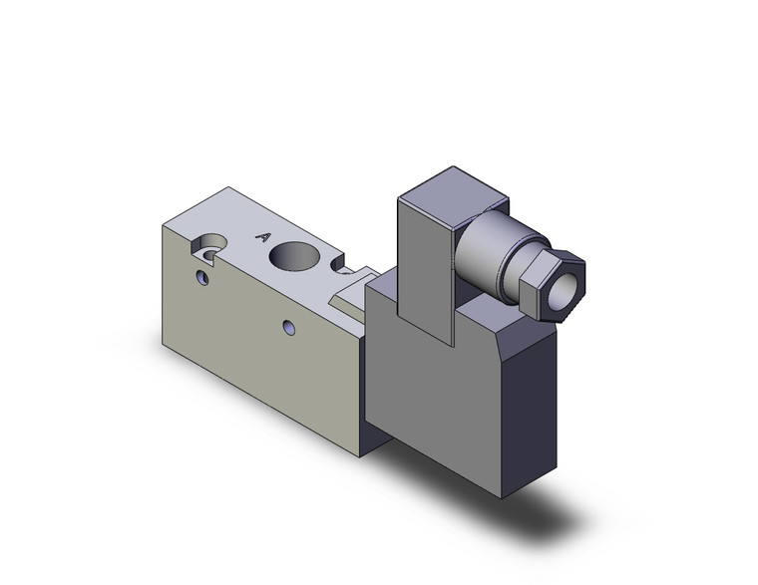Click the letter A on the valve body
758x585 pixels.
coord(263,236)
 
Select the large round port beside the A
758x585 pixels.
coord(298,256)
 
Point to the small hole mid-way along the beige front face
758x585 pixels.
coord(288,326)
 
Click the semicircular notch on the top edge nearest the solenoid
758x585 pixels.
coord(343,269)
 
